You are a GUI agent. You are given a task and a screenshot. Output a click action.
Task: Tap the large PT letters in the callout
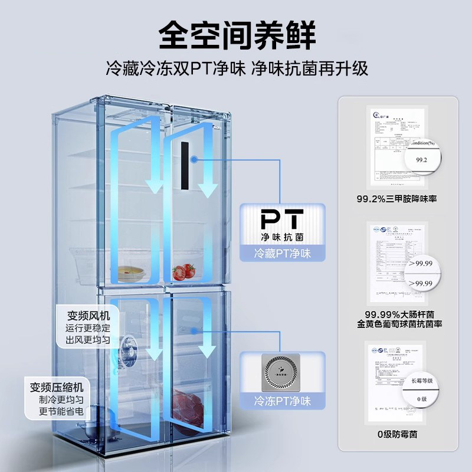[282, 219]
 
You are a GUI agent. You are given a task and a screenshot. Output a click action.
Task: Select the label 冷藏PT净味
[282, 254]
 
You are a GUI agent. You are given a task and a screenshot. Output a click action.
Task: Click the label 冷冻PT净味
[282, 401]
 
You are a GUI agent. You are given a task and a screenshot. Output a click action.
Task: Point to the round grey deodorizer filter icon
[282, 372]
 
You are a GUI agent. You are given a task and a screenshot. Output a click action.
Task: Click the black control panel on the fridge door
[186, 167]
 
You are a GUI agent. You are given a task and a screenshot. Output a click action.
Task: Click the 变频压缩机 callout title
[57, 388]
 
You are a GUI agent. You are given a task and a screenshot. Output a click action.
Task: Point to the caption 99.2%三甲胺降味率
[401, 199]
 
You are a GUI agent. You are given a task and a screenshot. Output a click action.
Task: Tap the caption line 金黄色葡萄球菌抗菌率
[401, 324]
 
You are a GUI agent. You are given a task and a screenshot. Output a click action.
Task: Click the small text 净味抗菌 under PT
[282, 237]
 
